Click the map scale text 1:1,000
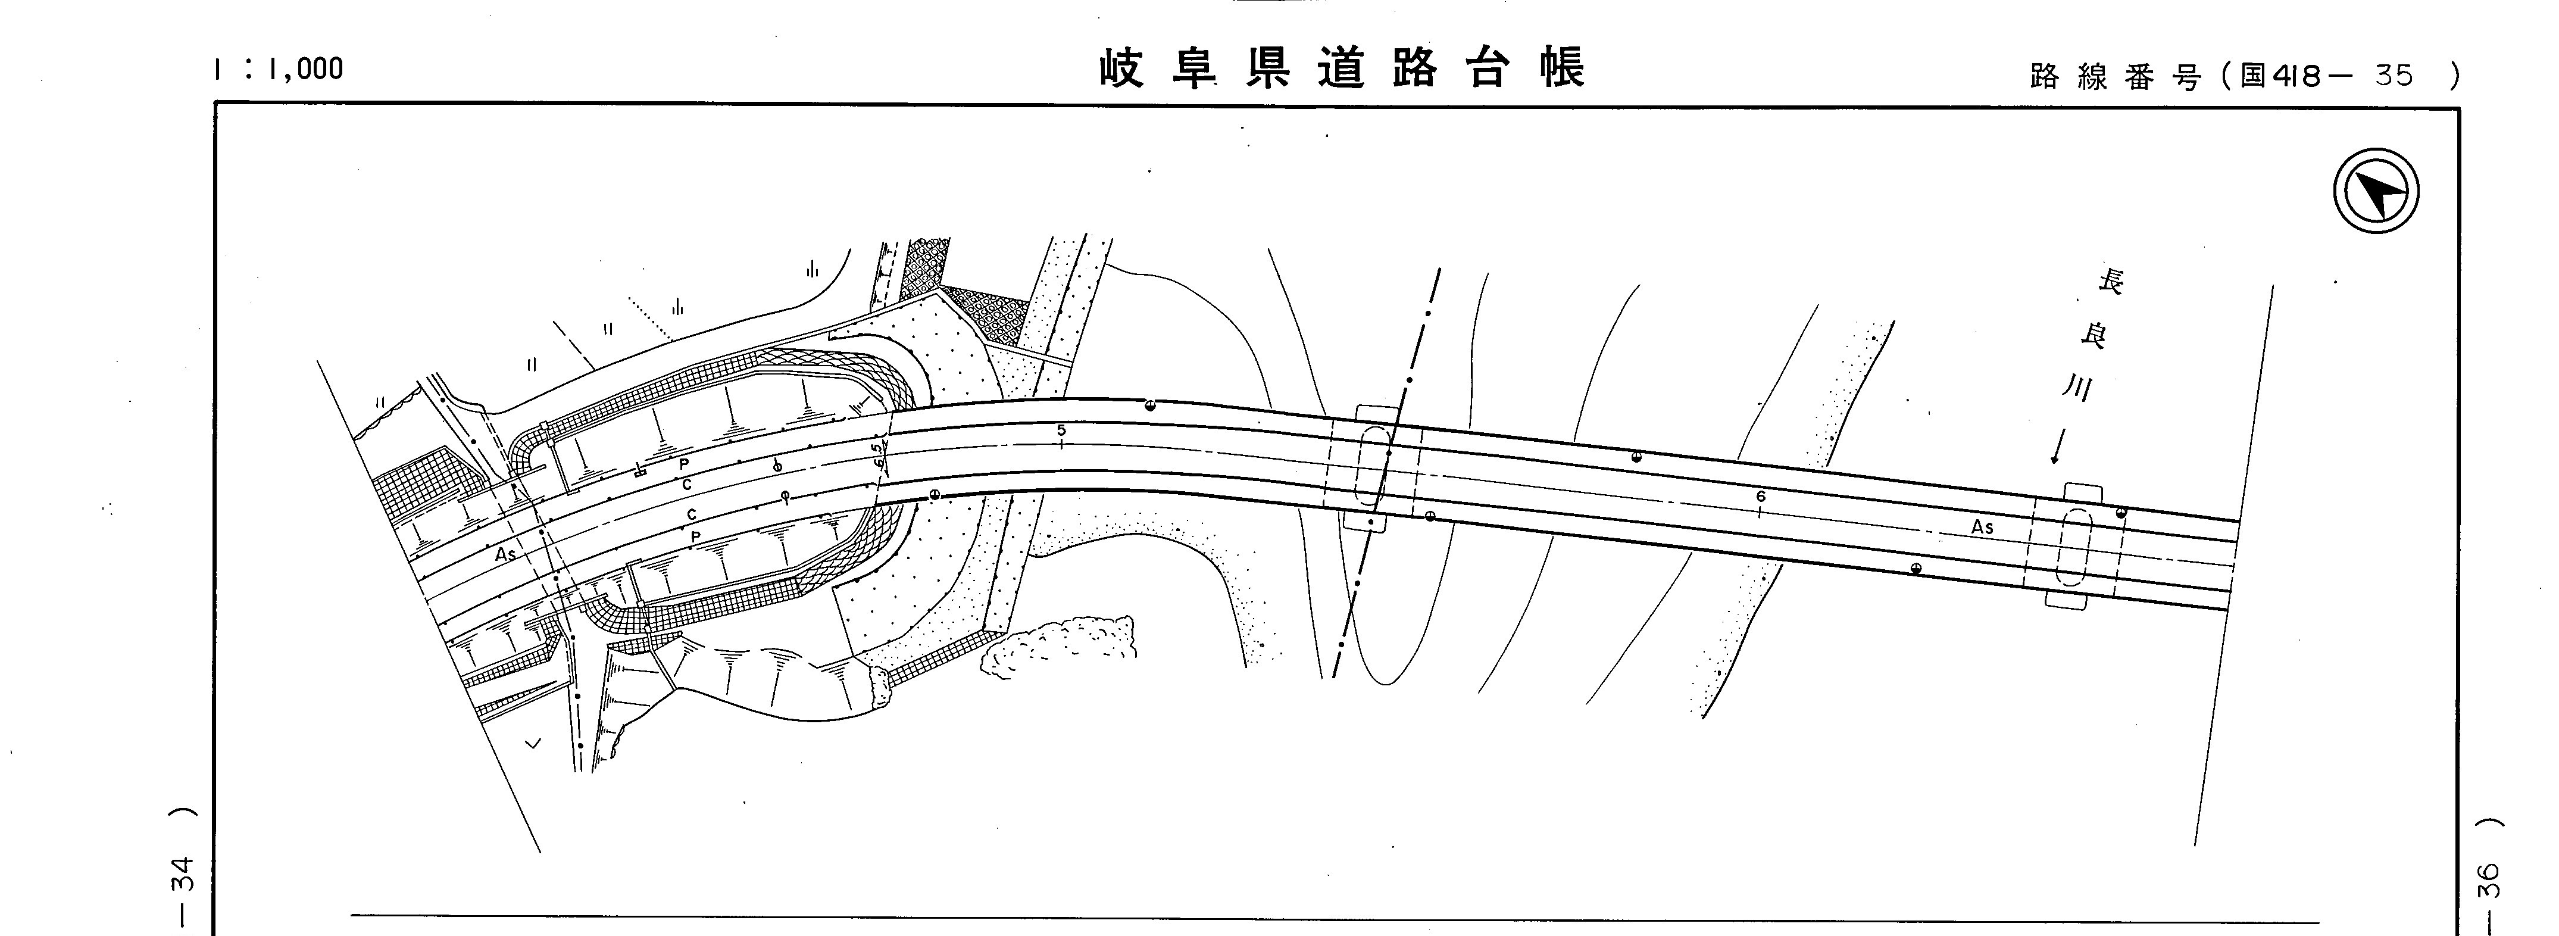click(x=278, y=68)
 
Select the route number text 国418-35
click(x=2324, y=76)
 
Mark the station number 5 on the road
click(x=1061, y=430)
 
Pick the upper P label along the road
click(x=683, y=465)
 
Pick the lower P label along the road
click(x=695, y=536)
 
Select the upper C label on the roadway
click(x=686, y=485)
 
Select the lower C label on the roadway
click(x=692, y=514)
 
